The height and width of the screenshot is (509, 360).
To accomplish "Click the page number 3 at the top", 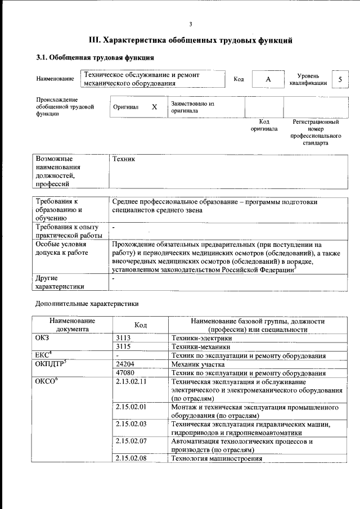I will [191, 24].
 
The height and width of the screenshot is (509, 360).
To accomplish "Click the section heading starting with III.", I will [191, 40].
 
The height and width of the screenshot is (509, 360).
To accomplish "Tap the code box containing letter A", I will [268, 79].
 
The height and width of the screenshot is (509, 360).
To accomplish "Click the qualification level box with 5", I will [340, 79].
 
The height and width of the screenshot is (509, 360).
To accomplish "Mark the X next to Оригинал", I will [154, 107].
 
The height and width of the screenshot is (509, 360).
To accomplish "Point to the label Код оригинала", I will [264, 125].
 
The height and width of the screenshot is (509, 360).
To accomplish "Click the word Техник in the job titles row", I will [124, 159].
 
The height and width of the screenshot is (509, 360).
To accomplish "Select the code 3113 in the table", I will [123, 339].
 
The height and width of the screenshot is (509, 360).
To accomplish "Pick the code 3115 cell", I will [123, 347].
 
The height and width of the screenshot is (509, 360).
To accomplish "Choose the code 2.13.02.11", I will [130, 382].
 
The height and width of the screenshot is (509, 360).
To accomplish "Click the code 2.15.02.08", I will [130, 458].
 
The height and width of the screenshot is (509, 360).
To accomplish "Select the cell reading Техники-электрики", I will [201, 339].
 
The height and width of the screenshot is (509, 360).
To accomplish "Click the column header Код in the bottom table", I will [141, 325].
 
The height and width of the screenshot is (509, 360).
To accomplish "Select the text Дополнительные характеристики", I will [87, 304].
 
